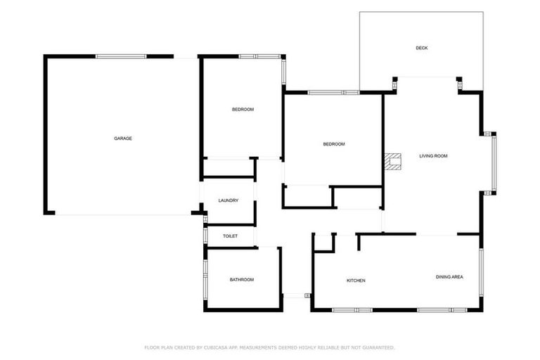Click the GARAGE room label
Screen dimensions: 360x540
[123, 139]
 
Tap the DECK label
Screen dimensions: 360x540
[422, 48]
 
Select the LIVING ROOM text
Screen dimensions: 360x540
[433, 156]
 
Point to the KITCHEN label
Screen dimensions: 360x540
[356, 281]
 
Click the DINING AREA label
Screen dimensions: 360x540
[449, 277]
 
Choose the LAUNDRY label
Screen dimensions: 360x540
[229, 200]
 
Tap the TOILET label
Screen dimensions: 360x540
[230, 236]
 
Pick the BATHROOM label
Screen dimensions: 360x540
[242, 280]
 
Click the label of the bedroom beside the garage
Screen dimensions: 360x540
[243, 110]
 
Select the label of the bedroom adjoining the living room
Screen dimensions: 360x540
[333, 144]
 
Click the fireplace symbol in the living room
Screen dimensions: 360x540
[393, 162]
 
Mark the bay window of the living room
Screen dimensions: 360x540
[494, 162]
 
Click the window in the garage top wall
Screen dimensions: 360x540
[121, 56]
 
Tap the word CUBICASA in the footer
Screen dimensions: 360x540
[216, 347]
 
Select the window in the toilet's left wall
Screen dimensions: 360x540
[205, 236]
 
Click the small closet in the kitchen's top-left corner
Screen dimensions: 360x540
[323, 241]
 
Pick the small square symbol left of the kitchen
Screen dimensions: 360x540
[307, 296]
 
